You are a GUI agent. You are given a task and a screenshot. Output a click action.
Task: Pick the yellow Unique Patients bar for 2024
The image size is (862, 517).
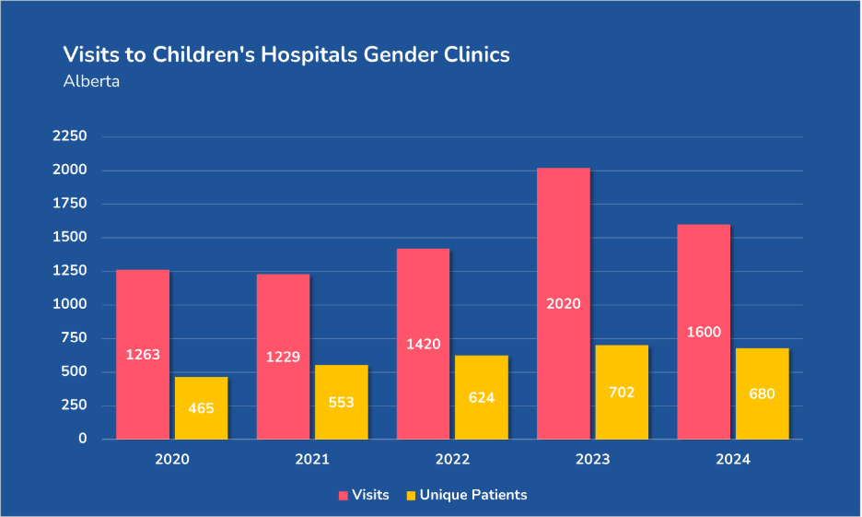(x=763, y=369)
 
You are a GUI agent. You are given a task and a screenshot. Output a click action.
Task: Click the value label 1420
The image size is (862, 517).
(x=423, y=345)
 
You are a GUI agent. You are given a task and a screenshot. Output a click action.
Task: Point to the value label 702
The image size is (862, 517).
(x=622, y=393)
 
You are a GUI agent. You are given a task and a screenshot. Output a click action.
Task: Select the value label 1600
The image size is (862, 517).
(x=704, y=333)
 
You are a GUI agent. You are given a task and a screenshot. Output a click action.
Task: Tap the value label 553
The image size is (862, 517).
(x=341, y=403)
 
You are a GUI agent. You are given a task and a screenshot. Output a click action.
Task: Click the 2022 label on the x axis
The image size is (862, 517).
(x=452, y=459)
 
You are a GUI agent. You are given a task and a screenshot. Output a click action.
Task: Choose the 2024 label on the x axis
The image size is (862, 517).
(x=732, y=459)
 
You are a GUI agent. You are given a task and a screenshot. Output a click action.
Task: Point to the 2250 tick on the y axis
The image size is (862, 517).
(x=69, y=136)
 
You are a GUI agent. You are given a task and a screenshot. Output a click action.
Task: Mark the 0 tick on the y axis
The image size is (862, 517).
(x=82, y=439)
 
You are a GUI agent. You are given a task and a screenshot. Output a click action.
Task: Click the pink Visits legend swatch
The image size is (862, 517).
(x=344, y=496)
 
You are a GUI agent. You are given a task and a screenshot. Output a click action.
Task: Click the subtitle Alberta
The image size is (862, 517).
(x=91, y=81)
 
